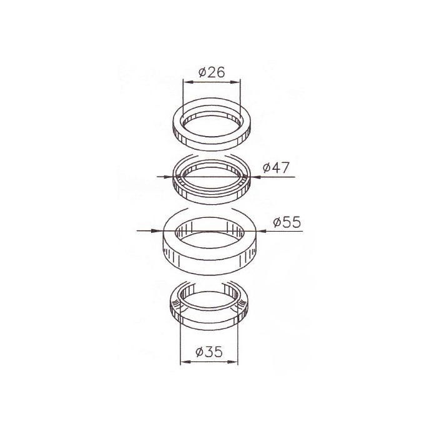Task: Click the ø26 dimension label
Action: coord(212,72)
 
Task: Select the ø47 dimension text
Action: coord(276,167)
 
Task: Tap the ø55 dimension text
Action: coord(287,222)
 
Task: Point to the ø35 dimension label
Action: coord(209,352)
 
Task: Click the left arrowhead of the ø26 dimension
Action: coord(188,82)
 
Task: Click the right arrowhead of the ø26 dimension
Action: coord(235,82)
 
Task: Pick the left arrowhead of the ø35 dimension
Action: coord(185,362)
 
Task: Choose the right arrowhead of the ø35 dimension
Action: coord(233,362)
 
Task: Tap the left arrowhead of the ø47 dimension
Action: coord(168,177)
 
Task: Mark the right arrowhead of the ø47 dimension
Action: coord(255,177)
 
